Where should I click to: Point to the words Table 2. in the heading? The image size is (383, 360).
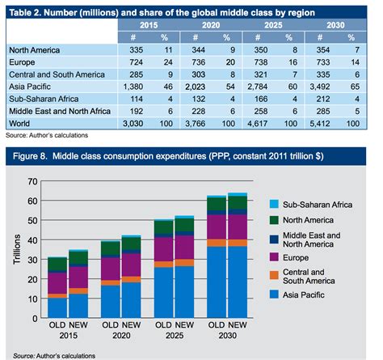point(28,11)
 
